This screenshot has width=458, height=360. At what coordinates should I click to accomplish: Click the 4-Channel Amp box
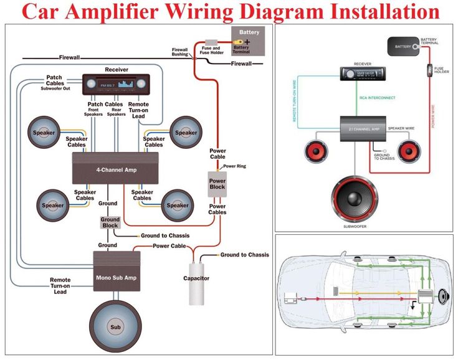pos(117,169)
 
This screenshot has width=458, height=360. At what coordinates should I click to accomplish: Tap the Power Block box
pos(217,183)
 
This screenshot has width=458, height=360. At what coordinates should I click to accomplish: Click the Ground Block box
pos(110,223)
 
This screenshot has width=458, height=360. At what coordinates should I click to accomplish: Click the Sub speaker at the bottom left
pos(115,326)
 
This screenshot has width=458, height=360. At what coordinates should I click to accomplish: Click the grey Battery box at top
pos(249,40)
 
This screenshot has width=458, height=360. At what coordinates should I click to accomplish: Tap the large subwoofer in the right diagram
pos(355,199)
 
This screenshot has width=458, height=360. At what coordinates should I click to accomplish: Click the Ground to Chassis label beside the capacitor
pos(245,255)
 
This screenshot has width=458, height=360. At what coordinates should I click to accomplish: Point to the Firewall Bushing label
pos(180,52)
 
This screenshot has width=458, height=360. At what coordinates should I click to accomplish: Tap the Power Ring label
pos(235,166)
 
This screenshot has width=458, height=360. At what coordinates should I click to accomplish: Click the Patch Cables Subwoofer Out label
pos(54,83)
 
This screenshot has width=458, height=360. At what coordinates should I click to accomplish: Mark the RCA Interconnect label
pos(378,98)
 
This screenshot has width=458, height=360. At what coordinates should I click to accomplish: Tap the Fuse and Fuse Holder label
pos(212,50)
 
